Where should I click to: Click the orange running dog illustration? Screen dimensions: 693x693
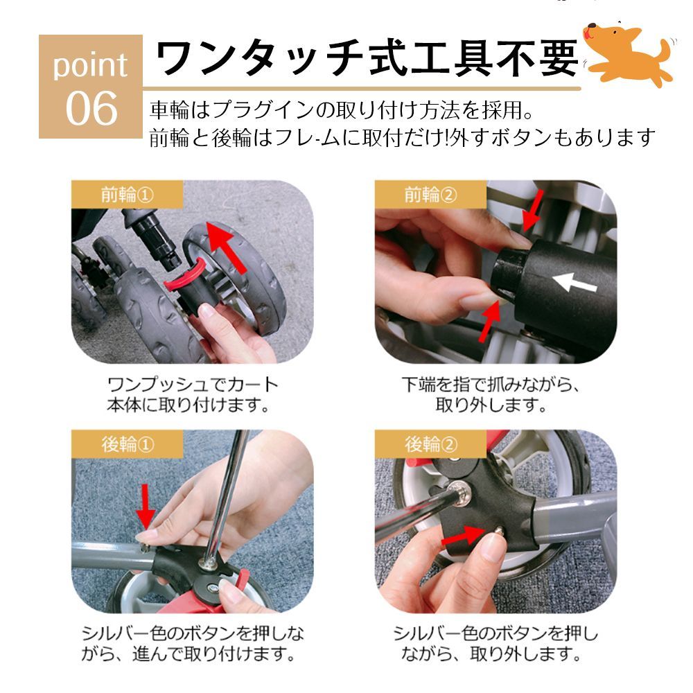(x=629, y=53)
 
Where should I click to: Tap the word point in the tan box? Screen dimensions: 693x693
(x=91, y=65)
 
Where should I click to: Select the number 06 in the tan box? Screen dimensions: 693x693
(x=91, y=108)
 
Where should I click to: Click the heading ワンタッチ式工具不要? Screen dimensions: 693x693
(x=367, y=58)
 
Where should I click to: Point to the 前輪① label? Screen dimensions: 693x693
(x=128, y=194)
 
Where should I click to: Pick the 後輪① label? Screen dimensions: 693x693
(x=128, y=444)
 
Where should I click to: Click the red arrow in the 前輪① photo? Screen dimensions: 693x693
(x=227, y=247)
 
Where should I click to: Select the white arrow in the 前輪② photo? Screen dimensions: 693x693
(x=574, y=283)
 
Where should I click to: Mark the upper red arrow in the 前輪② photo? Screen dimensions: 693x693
(x=532, y=211)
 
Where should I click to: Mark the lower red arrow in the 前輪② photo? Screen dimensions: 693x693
(x=490, y=322)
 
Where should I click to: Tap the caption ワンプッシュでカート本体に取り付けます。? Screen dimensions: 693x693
(x=193, y=395)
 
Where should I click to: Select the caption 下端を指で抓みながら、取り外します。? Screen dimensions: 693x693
(x=491, y=395)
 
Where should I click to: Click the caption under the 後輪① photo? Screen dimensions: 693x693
(x=193, y=644)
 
